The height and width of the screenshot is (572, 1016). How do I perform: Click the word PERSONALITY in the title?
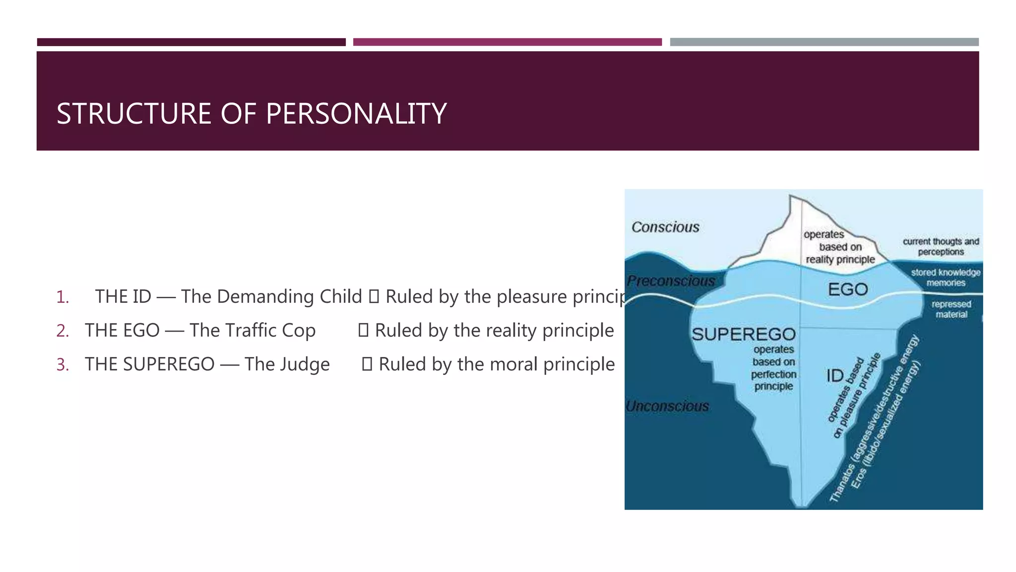356,114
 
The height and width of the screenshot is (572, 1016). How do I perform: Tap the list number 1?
62,297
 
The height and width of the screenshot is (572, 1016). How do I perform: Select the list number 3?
62,364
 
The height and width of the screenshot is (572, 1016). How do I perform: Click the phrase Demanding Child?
289,296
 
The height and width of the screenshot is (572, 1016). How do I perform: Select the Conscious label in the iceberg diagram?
665,227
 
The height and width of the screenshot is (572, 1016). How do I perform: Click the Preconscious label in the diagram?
670,281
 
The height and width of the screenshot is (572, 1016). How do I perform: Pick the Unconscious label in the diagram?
667,406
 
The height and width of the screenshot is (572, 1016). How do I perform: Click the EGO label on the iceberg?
847,289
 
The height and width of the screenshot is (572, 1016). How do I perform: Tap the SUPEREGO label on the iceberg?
743,334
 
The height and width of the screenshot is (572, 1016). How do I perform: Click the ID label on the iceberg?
834,376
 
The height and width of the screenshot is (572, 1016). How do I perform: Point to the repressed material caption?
951,309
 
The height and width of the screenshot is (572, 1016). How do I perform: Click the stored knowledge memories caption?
945,278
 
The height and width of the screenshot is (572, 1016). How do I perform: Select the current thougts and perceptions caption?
940,246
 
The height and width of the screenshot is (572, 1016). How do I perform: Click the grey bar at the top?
824,42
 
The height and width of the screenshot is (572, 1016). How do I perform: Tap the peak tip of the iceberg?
791,197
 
